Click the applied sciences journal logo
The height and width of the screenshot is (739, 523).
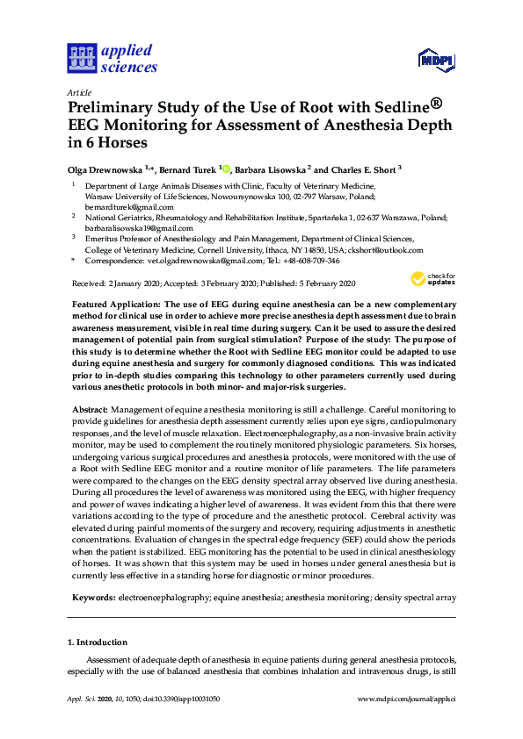tap(112, 58)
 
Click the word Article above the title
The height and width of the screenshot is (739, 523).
tap(79, 92)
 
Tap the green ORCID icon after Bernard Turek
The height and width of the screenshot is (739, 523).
tap(226, 169)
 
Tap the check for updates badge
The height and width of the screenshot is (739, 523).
tap(432, 280)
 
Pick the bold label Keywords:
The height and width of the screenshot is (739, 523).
tap(93, 597)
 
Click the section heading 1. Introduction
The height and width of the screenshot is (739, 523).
tap(98, 642)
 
